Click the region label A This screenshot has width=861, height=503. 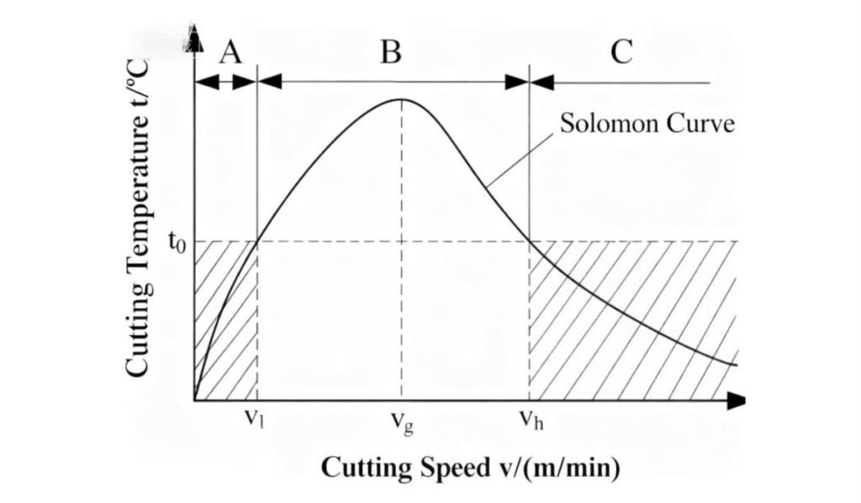pos(230,53)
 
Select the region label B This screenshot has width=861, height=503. pos(390,52)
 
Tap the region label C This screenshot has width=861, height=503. pos(621,52)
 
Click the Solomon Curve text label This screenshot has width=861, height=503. pos(647,125)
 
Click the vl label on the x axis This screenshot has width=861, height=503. pos(253,417)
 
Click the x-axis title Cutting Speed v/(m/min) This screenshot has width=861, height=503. pos(471,468)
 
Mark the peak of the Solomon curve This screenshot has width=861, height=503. pos(401,99)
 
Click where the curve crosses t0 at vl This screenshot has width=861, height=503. pos(256,241)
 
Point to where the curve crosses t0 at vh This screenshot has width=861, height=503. pos(529,241)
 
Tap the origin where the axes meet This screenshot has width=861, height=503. pos(194,401)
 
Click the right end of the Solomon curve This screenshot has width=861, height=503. pos(736,364)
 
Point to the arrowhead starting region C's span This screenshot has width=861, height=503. pos(543,81)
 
